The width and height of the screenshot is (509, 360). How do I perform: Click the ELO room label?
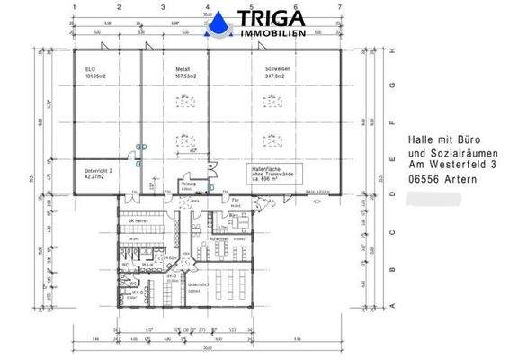pos(90,68)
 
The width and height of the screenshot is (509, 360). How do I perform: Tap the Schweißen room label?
pos(276,68)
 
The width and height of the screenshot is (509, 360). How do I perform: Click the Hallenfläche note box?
pos(274,174)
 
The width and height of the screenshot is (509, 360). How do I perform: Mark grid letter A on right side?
pos(393,306)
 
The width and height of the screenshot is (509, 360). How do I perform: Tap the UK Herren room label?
pos(137,220)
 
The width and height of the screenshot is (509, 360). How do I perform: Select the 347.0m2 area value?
pos(274,77)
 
